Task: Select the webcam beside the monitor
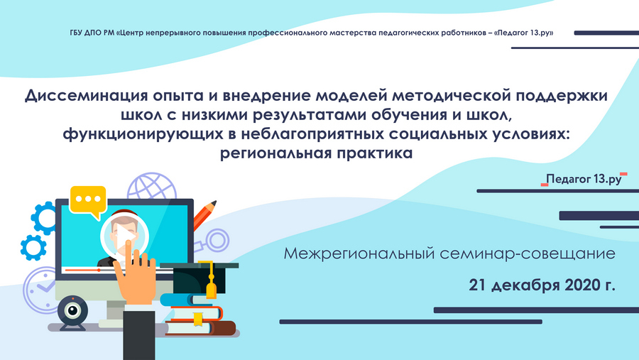(73, 312)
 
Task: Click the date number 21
(478, 285)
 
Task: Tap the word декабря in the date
(525, 285)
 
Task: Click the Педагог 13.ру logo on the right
(584, 179)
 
